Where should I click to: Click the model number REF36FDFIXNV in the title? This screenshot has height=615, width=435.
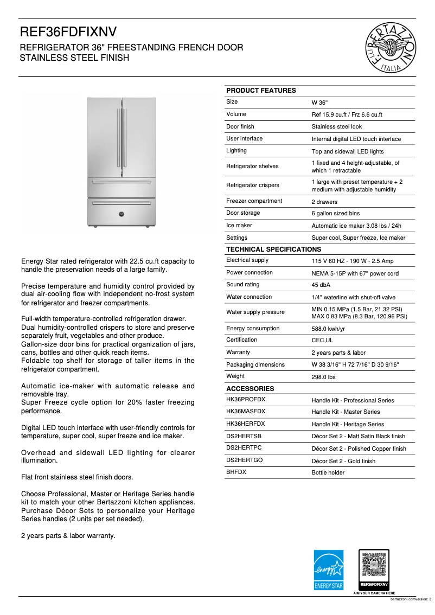pyautogui.click(x=68, y=31)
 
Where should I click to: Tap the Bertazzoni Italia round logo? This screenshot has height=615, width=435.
pyautogui.click(x=392, y=48)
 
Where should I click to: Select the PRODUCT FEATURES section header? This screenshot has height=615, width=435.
pyautogui.click(x=261, y=91)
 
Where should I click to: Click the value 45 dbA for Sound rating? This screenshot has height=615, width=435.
pyautogui.click(x=321, y=285)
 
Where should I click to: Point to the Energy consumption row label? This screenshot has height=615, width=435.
pyautogui.click(x=253, y=329)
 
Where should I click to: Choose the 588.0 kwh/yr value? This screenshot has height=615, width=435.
pyautogui.click(x=328, y=329)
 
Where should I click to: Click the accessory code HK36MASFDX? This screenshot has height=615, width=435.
pyautogui.click(x=245, y=412)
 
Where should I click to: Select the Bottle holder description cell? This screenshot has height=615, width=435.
pyautogui.click(x=328, y=473)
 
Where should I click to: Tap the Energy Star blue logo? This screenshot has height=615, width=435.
pyautogui.click(x=329, y=569)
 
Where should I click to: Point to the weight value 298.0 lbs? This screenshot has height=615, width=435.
pyautogui.click(x=323, y=377)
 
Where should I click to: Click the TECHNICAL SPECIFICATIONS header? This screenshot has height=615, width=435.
pyautogui.click(x=273, y=249)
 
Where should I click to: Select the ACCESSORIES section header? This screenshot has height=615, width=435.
pyautogui.click(x=250, y=389)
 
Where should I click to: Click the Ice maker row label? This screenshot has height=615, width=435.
pyautogui.click(x=239, y=226)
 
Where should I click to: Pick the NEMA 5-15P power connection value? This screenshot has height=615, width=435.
pyautogui.click(x=355, y=273)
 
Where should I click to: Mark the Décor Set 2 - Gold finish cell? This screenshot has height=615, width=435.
pyautogui.click(x=343, y=461)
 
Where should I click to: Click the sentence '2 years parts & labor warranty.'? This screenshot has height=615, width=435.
pyautogui.click(x=68, y=536)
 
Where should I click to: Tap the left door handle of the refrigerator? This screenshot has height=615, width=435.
pyautogui.click(x=119, y=138)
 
